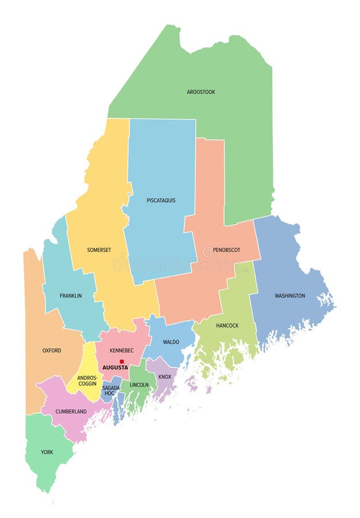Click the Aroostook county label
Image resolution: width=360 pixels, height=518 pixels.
(201, 92)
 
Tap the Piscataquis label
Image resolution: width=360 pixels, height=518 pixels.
(161, 200)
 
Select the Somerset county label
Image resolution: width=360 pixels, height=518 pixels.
(99, 250)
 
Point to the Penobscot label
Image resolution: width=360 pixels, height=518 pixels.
(227, 250)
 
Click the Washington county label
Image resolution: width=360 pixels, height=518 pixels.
(290, 296)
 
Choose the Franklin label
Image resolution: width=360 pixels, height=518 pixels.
(71, 296)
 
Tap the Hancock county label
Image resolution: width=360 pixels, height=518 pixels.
(227, 326)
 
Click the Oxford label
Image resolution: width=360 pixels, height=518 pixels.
(52, 350)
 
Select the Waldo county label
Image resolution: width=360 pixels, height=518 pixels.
(171, 342)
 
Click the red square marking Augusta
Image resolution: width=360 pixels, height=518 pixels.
(122, 361)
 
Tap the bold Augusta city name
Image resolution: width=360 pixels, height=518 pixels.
(115, 367)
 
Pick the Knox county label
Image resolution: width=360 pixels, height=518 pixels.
(164, 377)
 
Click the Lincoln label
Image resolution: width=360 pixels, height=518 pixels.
(139, 384)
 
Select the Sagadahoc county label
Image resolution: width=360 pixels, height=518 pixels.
(111, 391)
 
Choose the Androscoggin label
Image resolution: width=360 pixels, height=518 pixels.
(87, 380)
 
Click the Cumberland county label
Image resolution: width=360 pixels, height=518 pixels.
(71, 412)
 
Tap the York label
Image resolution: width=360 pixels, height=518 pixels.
(47, 452)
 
